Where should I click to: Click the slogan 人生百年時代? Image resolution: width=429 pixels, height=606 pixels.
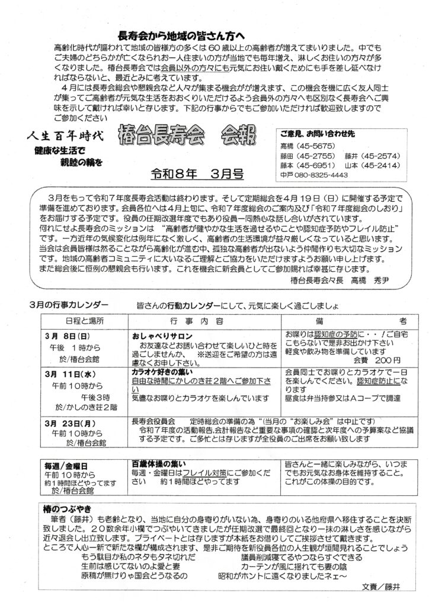point(65,135)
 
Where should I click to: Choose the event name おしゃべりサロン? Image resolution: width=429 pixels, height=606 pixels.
point(160,334)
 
